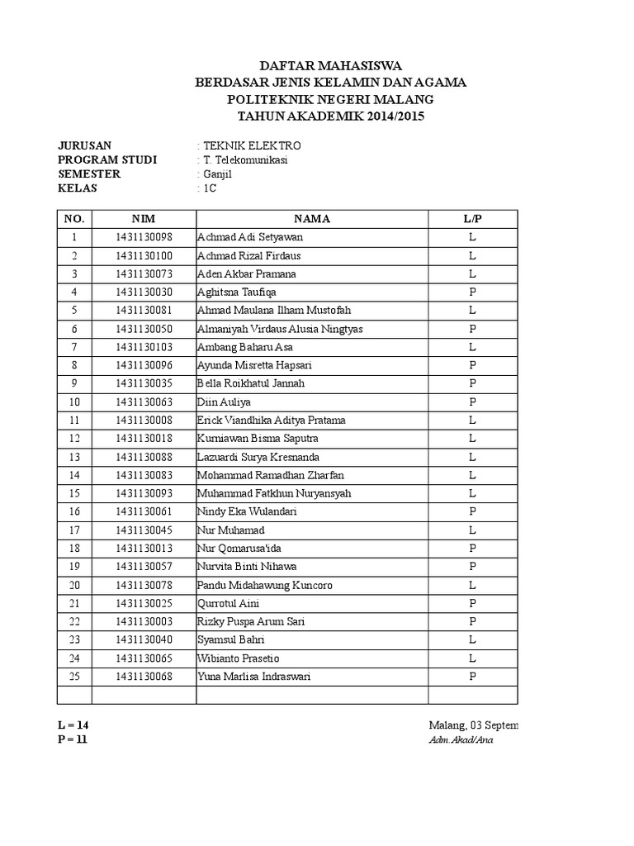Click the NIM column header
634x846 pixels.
pyautogui.click(x=144, y=219)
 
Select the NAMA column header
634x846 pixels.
pyautogui.click(x=311, y=219)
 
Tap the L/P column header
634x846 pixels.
pyautogui.click(x=472, y=219)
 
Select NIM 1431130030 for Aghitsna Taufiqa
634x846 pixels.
pyautogui.click(x=144, y=292)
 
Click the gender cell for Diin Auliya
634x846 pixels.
pyautogui.click(x=472, y=402)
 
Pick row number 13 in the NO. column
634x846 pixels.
pyautogui.click(x=74, y=457)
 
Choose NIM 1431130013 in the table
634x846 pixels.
pyautogui.click(x=144, y=549)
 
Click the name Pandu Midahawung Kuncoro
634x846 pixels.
pyautogui.click(x=253, y=585)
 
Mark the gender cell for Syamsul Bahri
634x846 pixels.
pyautogui.click(x=472, y=640)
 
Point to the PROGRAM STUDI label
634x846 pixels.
pyautogui.click(x=106, y=159)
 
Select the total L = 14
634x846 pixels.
pyautogui.click(x=73, y=725)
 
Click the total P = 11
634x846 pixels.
pyautogui.click(x=73, y=739)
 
